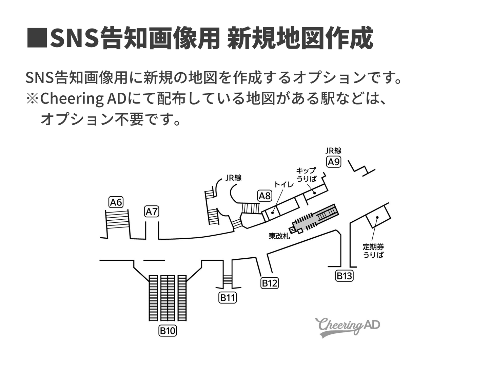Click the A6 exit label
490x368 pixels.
coord(116,202)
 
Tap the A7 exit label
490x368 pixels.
coord(152,211)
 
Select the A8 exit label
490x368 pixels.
coord(265,196)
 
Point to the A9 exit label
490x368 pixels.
coord(334,162)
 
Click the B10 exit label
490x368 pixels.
coord(168,331)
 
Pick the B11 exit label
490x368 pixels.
coord(228,298)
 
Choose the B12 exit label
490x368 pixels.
coord(270,283)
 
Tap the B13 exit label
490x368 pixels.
coord(344,276)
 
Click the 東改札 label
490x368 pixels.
coord(279,236)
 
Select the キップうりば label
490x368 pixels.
coord(306,174)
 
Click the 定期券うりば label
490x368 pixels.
coord(373,251)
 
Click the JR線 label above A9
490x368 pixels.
coord(334,151)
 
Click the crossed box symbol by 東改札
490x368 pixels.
coord(293,230)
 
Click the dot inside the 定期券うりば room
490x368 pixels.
coord(377,218)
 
